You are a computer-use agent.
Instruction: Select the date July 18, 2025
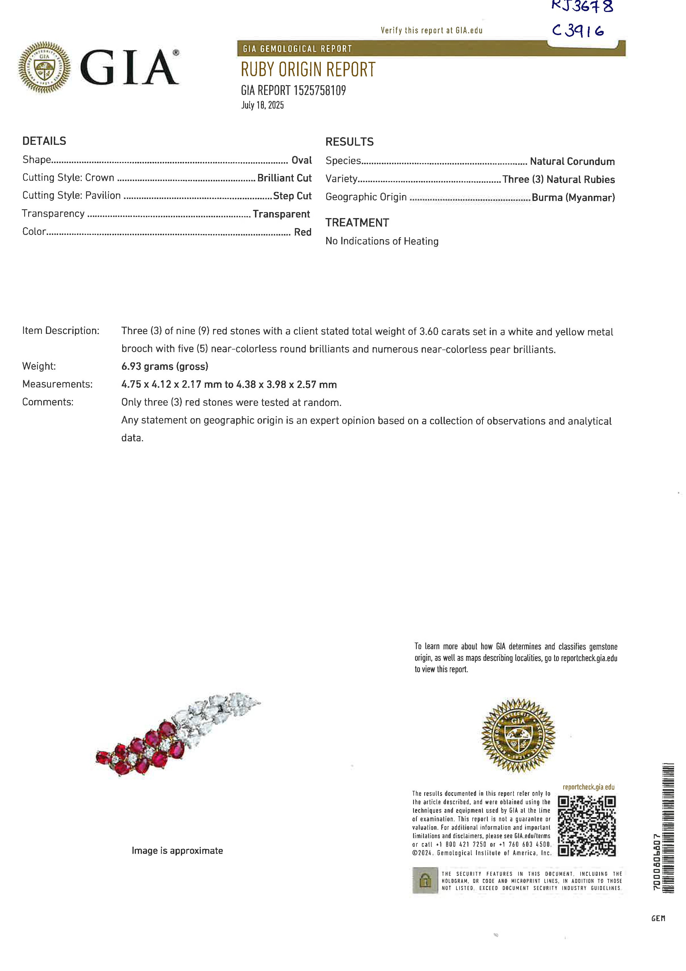(262, 105)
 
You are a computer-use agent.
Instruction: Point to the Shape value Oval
(301, 160)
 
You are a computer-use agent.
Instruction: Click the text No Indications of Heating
(382, 241)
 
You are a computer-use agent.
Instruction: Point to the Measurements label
(57, 384)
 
